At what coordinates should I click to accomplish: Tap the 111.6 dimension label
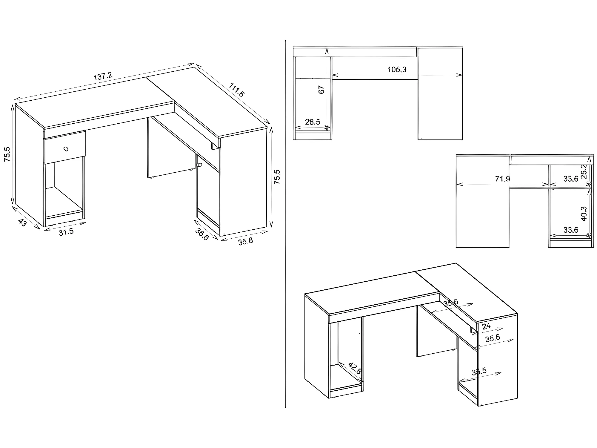(x=237, y=90)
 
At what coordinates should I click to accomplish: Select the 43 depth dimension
(x=22, y=223)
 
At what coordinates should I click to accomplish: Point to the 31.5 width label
(x=66, y=232)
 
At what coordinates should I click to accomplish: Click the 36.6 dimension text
(x=202, y=234)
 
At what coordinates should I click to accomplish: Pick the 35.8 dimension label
(x=245, y=241)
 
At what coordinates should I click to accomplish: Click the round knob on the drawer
(x=66, y=149)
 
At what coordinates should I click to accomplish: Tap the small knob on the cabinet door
(x=200, y=165)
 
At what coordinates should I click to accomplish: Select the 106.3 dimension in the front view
(x=397, y=70)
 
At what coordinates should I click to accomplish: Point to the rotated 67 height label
(x=321, y=90)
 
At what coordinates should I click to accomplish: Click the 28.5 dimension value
(x=313, y=122)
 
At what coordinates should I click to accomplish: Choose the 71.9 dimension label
(x=502, y=179)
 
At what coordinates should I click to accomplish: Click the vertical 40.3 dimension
(x=584, y=214)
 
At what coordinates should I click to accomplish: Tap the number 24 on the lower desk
(x=486, y=326)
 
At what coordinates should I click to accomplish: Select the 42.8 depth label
(x=355, y=368)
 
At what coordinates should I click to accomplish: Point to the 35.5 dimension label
(x=479, y=371)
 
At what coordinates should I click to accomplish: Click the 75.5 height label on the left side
(x=7, y=154)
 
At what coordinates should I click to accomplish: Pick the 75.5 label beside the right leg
(x=277, y=177)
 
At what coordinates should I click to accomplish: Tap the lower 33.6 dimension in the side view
(x=571, y=230)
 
